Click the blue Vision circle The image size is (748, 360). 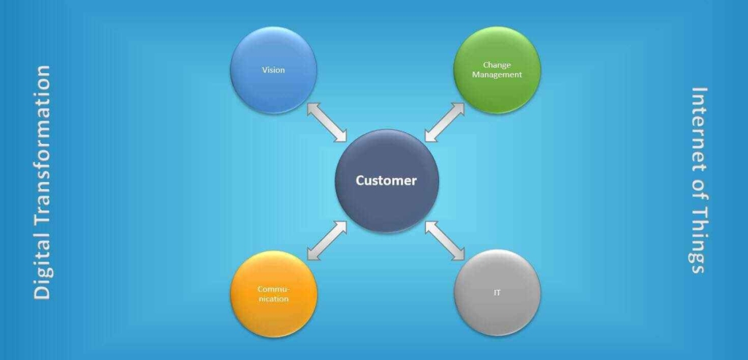[x=273, y=69]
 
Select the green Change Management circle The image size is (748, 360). [x=497, y=69]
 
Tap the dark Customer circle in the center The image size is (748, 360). [x=386, y=180]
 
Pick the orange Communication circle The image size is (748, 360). [x=273, y=294]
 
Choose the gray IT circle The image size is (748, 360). [x=497, y=293]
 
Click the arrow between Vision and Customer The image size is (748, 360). [x=327, y=122]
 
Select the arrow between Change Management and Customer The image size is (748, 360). [x=445, y=122]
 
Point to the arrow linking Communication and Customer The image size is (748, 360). [x=327, y=240]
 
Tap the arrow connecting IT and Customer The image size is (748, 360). [x=445, y=240]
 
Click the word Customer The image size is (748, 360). [x=386, y=180]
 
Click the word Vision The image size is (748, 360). [x=273, y=69]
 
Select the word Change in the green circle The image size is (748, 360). [x=497, y=65]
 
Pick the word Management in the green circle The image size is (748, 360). [x=497, y=74]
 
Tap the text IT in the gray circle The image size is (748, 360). [x=497, y=293]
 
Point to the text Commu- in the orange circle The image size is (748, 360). [x=273, y=289]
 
